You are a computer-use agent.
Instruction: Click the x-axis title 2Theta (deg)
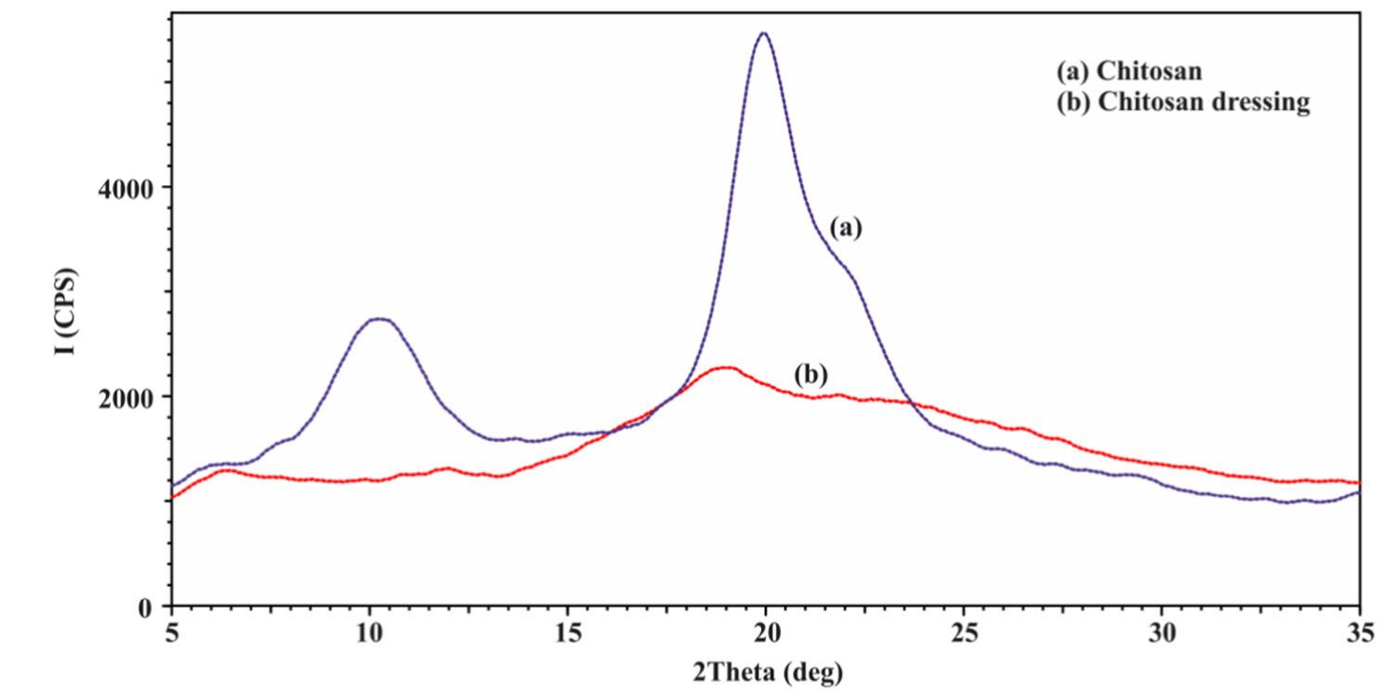coord(766,672)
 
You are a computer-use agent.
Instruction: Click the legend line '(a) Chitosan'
coord(1128,71)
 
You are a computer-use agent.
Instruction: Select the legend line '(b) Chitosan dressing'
coord(1183,102)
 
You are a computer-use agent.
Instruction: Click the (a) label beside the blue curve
coord(846,228)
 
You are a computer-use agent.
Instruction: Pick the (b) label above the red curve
coord(811,375)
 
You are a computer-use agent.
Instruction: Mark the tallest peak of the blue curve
coord(764,33)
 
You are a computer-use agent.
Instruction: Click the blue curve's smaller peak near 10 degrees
coord(380,319)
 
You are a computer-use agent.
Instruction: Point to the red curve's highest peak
coord(725,368)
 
